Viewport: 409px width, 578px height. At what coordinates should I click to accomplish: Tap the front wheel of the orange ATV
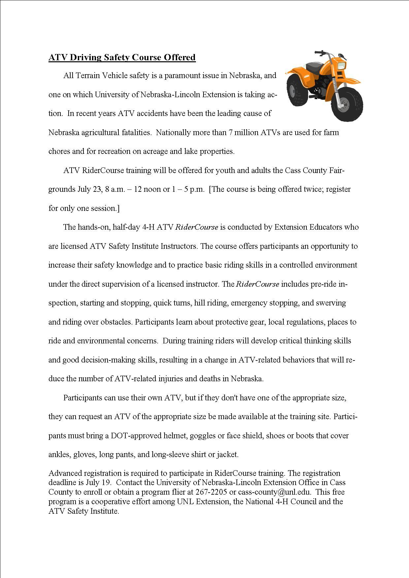click(x=346, y=104)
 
